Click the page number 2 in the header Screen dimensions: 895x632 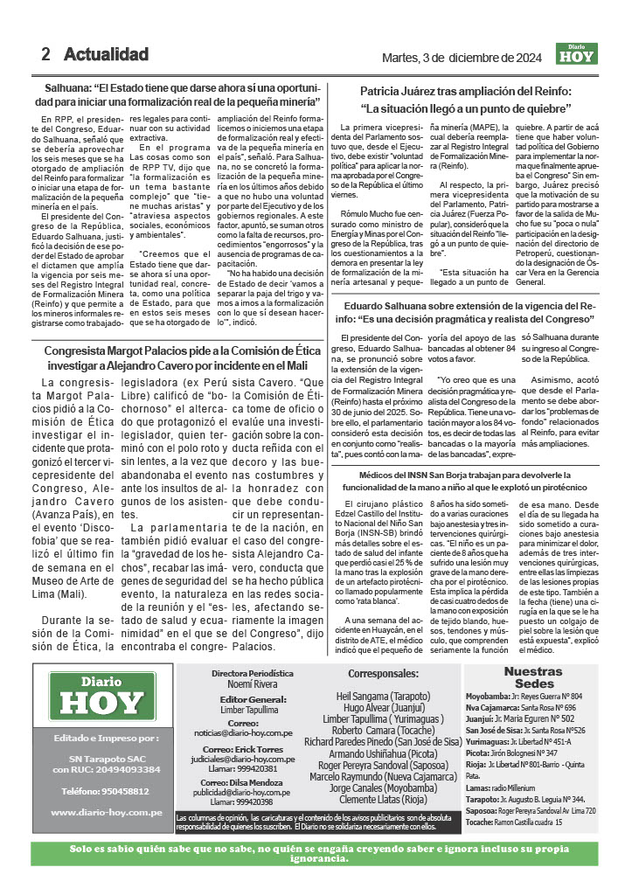point(45,54)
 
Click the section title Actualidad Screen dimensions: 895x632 point(106,54)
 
